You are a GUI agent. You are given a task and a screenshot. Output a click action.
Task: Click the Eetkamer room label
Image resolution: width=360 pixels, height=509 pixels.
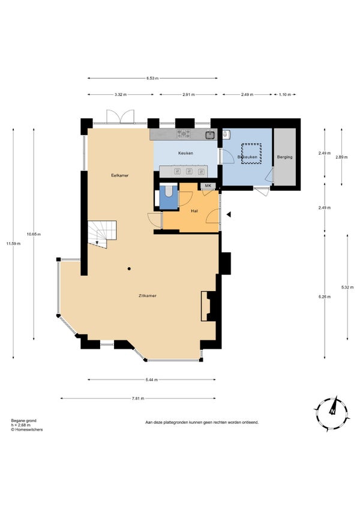coord(120,175)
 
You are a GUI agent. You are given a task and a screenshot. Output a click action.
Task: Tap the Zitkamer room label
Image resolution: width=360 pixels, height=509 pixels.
coord(148,296)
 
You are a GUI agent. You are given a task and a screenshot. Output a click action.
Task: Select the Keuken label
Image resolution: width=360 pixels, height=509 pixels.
coord(185,153)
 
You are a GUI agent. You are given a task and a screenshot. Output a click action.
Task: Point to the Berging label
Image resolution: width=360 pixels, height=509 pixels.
coord(284,157)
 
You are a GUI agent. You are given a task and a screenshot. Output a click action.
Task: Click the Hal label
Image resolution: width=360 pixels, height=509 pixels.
coord(194,211)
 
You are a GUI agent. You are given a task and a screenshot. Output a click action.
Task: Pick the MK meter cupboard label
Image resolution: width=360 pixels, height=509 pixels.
coord(208,185)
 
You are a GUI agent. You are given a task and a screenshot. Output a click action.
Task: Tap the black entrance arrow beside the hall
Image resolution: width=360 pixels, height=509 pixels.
coord(229,214)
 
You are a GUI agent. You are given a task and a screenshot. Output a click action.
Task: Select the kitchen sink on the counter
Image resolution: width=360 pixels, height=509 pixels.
coord(211,134)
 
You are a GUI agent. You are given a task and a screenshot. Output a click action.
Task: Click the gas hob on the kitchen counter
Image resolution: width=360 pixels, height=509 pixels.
coord(184,134)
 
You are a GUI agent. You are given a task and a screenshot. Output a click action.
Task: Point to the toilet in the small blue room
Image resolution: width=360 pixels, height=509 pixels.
coord(169,191)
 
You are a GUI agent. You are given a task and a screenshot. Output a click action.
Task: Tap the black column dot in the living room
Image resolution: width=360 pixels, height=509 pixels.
coord(129,268)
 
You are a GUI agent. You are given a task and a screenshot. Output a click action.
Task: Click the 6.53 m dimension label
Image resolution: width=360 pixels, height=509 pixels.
coord(152,78)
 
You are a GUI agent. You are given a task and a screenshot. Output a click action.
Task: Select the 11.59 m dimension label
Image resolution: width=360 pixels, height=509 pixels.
coord(13,244)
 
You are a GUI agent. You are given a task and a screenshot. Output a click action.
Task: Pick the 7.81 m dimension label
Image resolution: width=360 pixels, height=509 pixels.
coord(138,399)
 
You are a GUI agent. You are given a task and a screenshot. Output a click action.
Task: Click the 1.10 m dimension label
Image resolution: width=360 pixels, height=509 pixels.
coord(284,94)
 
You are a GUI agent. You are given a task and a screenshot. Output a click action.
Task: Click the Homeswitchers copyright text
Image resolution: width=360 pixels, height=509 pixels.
coord(27,430)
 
